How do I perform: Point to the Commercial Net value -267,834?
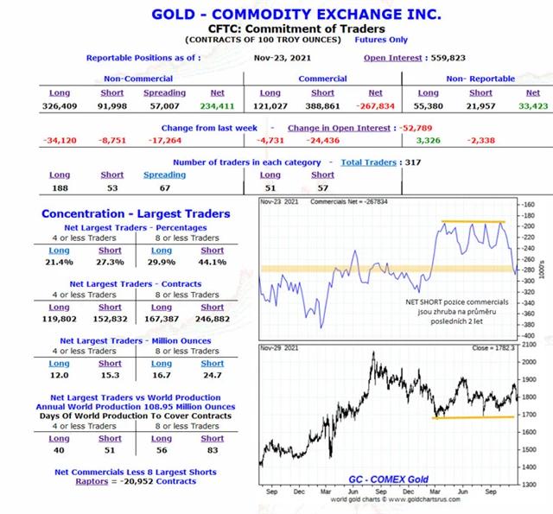pyautogui.click(x=375, y=106)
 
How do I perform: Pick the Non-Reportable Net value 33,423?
pyautogui.click(x=532, y=106)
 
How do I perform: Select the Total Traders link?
pyautogui.click(x=368, y=162)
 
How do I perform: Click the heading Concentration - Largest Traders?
pyautogui.click(x=136, y=213)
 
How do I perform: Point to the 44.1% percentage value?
pyautogui.click(x=213, y=262)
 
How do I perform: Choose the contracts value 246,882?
pyautogui.click(x=213, y=318)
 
